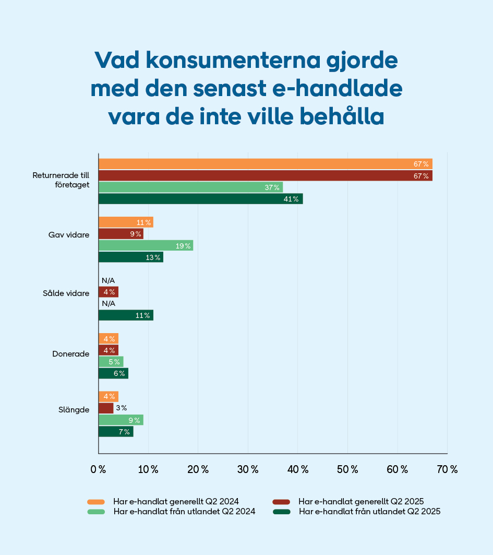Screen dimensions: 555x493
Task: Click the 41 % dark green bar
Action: (200, 199)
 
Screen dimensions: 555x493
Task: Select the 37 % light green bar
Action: (190, 187)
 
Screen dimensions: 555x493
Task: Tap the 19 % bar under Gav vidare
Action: (146, 245)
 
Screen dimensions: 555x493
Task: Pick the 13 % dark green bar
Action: (130, 257)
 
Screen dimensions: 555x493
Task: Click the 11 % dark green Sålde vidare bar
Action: (126, 315)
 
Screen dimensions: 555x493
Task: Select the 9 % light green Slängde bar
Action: (121, 420)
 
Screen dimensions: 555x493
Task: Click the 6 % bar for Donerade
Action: (113, 373)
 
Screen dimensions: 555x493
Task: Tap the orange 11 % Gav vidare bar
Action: (126, 222)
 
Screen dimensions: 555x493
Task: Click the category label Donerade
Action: (70, 353)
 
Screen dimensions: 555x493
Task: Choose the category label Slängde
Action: (74, 409)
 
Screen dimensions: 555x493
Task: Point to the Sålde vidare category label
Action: (66, 293)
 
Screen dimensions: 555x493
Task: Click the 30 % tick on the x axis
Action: (247, 469)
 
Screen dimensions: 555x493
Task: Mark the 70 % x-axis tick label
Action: (447, 469)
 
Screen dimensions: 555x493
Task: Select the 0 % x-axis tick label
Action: (98, 469)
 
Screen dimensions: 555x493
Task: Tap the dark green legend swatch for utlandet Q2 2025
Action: (281, 512)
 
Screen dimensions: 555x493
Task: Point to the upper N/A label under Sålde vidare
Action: (108, 280)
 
